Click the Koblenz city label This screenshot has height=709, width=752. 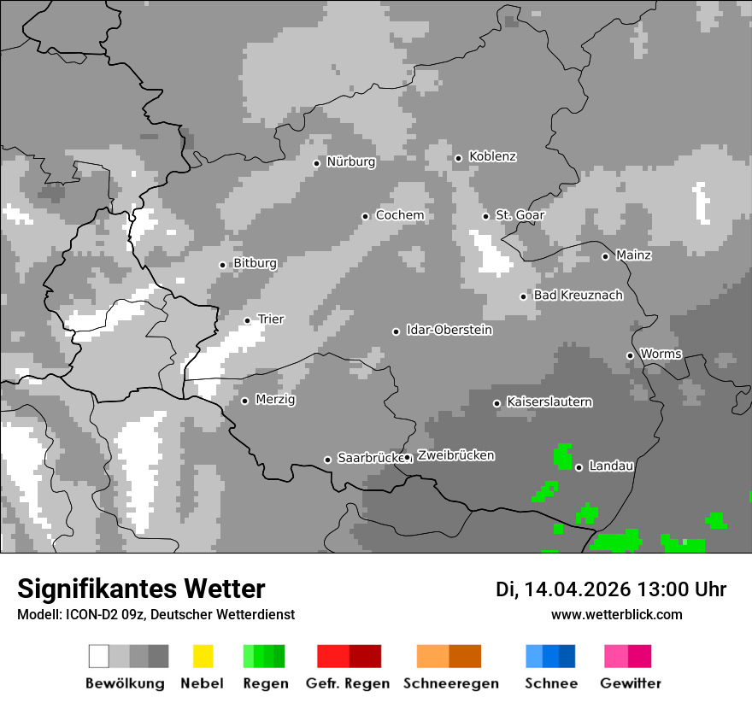(x=492, y=157)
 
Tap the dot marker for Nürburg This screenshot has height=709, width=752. (x=316, y=163)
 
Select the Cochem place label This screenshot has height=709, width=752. (x=400, y=215)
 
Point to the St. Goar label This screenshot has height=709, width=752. (x=520, y=215)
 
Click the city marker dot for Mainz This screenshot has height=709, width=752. (x=605, y=256)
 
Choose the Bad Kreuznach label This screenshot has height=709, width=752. (x=578, y=296)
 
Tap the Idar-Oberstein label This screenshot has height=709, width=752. (x=449, y=330)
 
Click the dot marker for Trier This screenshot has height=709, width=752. (x=247, y=320)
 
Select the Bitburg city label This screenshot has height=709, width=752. (x=255, y=264)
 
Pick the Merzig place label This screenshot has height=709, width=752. (x=275, y=400)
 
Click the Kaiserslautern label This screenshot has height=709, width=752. (x=549, y=401)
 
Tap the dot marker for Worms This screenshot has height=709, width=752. (x=630, y=355)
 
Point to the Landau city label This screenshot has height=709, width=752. (x=611, y=466)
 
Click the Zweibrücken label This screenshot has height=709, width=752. (x=455, y=455)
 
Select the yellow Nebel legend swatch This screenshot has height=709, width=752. (x=203, y=656)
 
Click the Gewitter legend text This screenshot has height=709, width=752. (x=631, y=683)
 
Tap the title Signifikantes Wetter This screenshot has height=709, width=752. (x=141, y=589)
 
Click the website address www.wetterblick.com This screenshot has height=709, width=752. (x=616, y=614)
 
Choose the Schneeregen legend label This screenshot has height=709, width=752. (x=451, y=683)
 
